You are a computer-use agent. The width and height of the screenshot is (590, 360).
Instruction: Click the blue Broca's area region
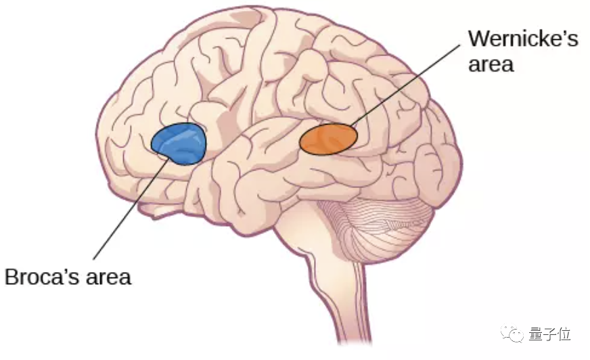tap(179, 143)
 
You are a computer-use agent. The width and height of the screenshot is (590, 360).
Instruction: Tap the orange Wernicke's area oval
tap(328, 139)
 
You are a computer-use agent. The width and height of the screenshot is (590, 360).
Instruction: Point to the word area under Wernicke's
tap(491, 64)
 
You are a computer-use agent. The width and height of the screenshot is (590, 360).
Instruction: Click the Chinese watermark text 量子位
tap(550, 334)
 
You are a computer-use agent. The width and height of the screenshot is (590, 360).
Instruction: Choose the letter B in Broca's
tap(12, 277)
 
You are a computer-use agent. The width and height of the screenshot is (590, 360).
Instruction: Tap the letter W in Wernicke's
tap(479, 39)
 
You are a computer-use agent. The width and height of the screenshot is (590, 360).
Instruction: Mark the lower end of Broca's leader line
tap(94, 259)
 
